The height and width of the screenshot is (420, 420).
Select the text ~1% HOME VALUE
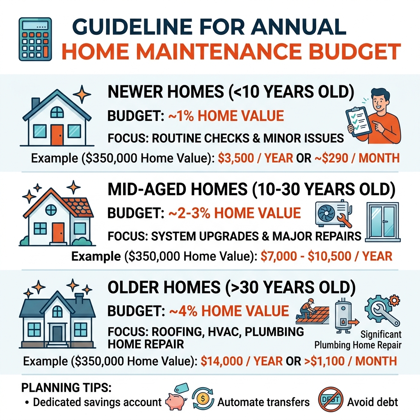click(226, 116)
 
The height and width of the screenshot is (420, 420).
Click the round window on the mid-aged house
click(51, 210)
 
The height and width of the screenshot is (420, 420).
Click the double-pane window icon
click(383, 220)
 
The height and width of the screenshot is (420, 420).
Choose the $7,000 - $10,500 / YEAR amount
click(326, 256)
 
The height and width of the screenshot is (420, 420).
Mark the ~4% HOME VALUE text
click(229, 311)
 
